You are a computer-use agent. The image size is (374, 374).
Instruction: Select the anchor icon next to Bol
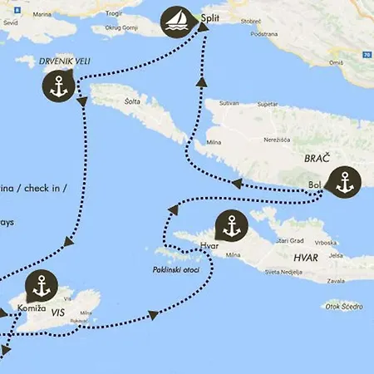point(344,182)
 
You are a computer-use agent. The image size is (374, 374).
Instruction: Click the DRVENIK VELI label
point(62,61)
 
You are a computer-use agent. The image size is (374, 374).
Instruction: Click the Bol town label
point(313,185)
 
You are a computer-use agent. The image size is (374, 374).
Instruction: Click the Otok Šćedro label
point(344,306)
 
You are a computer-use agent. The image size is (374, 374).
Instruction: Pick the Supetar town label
point(268,105)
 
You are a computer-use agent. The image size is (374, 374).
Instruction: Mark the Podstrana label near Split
point(263,33)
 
